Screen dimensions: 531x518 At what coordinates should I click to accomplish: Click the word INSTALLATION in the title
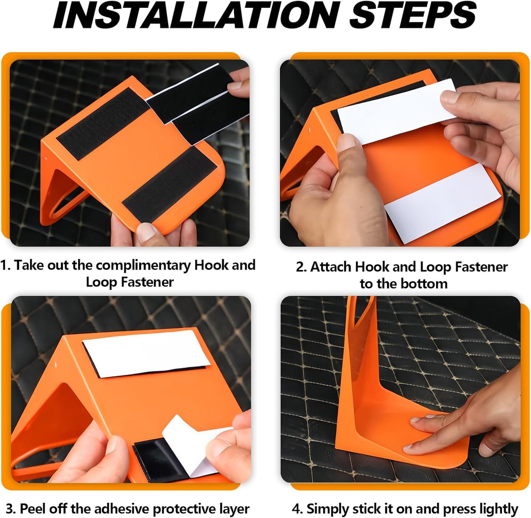click(195, 15)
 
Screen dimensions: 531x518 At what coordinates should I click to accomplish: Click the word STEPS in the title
click(413, 15)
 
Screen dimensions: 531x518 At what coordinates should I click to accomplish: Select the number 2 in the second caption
click(300, 267)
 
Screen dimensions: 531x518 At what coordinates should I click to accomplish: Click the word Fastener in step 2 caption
click(481, 267)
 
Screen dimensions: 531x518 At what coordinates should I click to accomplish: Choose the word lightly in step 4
click(499, 509)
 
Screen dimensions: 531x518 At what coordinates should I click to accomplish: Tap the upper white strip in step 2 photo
click(397, 111)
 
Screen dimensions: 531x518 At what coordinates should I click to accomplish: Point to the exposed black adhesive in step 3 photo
click(160, 458)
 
